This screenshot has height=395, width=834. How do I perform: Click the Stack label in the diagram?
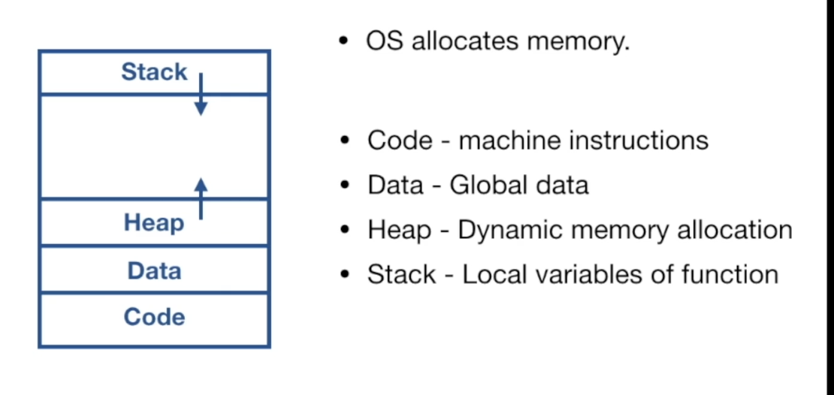tap(154, 72)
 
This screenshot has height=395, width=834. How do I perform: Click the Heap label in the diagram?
tap(153, 223)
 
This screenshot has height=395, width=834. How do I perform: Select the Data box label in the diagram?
tap(154, 270)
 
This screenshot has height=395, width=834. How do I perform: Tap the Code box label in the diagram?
tap(154, 317)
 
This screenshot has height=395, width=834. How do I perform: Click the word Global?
tap(485, 185)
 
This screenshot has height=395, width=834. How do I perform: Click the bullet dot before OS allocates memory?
tap(344, 41)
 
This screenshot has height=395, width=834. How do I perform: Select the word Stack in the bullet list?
tap(401, 274)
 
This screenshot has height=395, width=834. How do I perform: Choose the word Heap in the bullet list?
tap(399, 230)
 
